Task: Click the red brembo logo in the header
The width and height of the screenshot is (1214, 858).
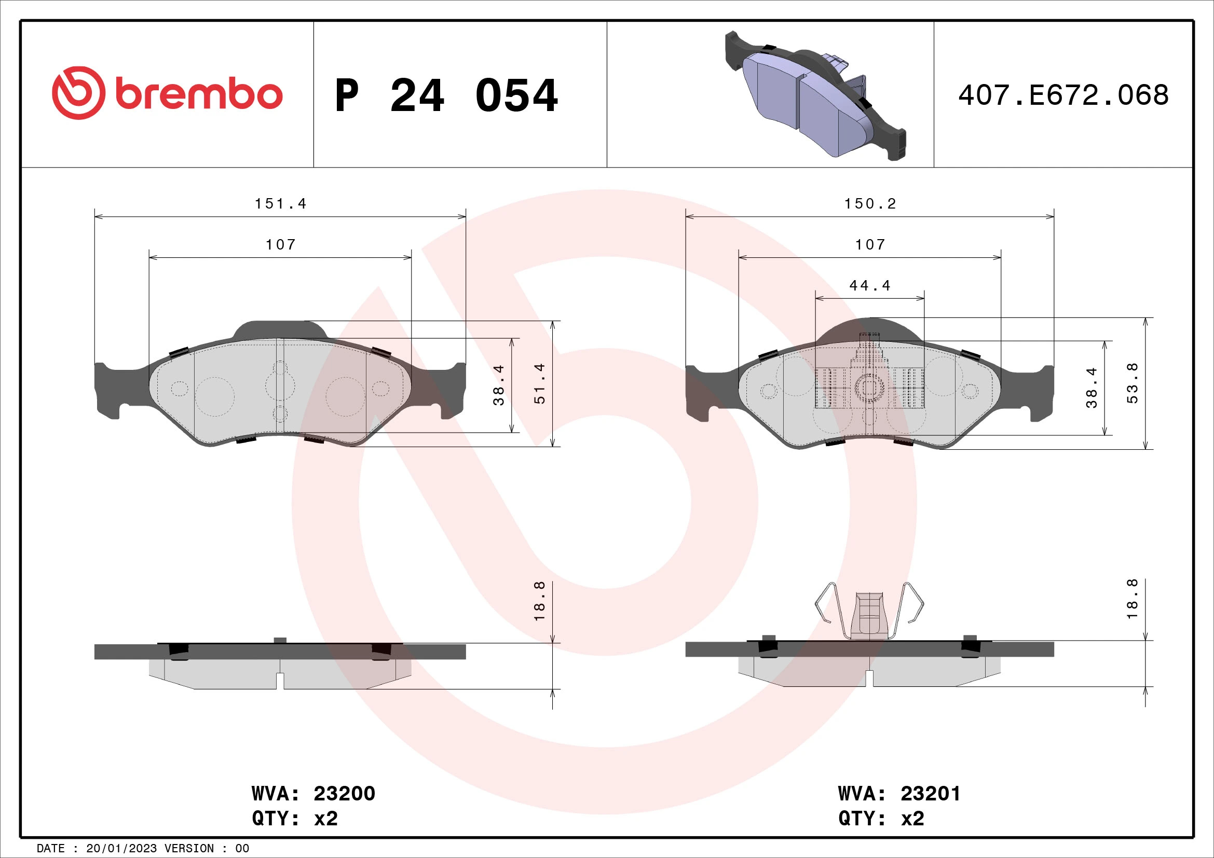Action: pos(167,93)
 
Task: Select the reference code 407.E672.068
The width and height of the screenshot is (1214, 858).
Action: pos(1063,95)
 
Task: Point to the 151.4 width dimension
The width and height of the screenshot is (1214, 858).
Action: pos(280,204)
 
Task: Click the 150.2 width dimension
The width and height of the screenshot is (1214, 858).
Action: pos(870,204)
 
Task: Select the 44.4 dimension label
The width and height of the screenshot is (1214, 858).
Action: pos(870,286)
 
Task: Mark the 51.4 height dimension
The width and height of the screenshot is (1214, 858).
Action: pos(539,384)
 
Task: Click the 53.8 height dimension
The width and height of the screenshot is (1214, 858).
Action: pos(1132,384)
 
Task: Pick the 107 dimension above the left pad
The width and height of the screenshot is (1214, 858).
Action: pos(280,245)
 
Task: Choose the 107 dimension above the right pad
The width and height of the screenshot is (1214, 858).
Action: pos(870,245)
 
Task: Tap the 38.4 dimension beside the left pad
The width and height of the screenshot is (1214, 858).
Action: pos(499,385)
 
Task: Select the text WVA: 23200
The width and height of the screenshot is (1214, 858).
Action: pos(313,794)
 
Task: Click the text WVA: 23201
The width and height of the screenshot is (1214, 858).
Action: pos(899,794)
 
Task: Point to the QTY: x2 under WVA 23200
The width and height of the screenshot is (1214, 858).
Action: pos(294,819)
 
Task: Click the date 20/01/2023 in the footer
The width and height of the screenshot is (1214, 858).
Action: pos(121,849)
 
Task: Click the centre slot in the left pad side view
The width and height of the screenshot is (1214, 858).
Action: pos(280,681)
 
